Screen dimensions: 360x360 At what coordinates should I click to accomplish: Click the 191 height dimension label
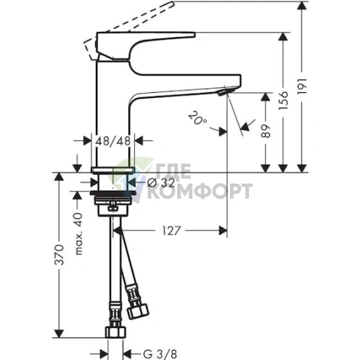[x=302, y=86]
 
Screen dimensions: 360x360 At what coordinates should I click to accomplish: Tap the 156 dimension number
[x=283, y=100]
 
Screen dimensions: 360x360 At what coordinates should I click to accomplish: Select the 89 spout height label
[x=266, y=131]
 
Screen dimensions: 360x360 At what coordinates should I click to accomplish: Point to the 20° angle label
[x=197, y=118]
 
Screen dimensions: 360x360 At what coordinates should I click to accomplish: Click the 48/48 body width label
[x=113, y=141]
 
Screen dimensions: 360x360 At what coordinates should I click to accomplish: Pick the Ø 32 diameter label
[x=161, y=183]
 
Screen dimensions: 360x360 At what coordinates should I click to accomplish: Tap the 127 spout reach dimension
[x=171, y=231]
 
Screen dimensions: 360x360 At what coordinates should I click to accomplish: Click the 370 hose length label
[x=59, y=255]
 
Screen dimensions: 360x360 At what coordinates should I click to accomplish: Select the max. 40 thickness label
[x=79, y=234]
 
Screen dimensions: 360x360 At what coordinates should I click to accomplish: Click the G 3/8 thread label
[x=160, y=354]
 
